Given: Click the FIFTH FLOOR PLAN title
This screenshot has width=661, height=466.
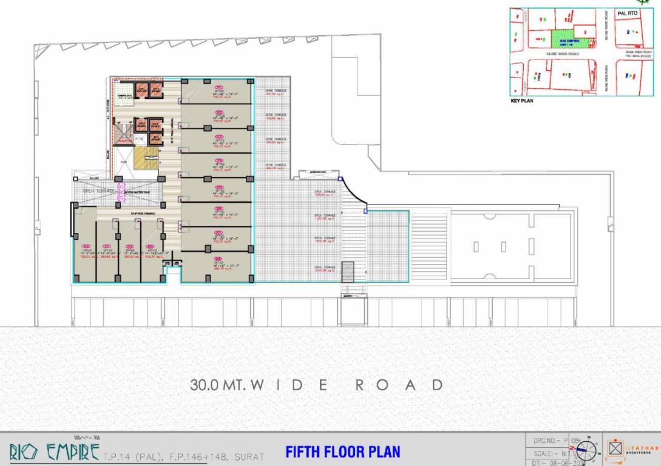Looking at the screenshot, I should [342, 452].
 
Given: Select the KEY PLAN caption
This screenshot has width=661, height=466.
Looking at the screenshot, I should [522, 101].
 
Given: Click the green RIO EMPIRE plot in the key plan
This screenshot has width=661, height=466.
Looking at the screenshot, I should [564, 41].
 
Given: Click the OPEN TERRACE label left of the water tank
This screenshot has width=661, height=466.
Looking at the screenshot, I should [98, 191].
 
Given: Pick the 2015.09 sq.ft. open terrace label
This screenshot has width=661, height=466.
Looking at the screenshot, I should [325, 268].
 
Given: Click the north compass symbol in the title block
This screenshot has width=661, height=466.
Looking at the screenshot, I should [586, 451].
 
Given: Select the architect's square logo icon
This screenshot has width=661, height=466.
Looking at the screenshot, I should [615, 450].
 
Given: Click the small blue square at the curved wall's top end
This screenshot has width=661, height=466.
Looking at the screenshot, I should [340, 179].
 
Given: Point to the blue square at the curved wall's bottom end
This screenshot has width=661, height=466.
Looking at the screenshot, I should [365, 211].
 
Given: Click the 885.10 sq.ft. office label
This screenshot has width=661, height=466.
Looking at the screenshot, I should [217, 266].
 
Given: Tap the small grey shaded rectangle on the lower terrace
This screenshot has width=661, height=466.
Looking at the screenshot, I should [347, 271].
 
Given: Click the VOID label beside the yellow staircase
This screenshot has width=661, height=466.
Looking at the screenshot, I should [124, 162].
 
